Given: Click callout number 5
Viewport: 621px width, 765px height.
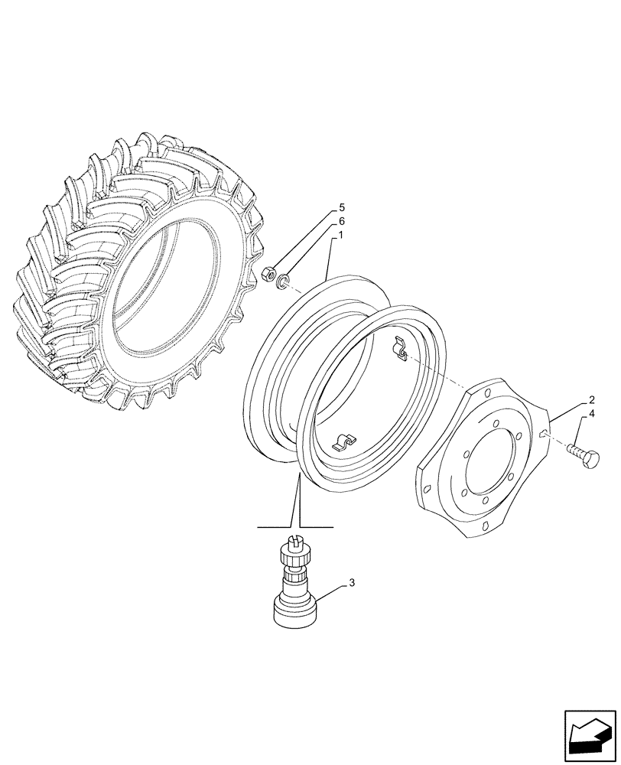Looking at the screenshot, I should coord(342,208).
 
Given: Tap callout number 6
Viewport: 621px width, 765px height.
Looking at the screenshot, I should coord(342,222).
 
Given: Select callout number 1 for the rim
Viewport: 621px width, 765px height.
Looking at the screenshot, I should coord(340,236).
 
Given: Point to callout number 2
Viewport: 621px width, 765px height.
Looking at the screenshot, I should coord(592,400).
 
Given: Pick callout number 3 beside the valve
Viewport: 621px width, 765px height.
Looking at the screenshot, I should coord(352,584).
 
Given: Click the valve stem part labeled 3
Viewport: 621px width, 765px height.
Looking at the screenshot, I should coord(294,589).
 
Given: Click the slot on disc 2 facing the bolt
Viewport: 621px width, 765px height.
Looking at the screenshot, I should coord(545,435).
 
